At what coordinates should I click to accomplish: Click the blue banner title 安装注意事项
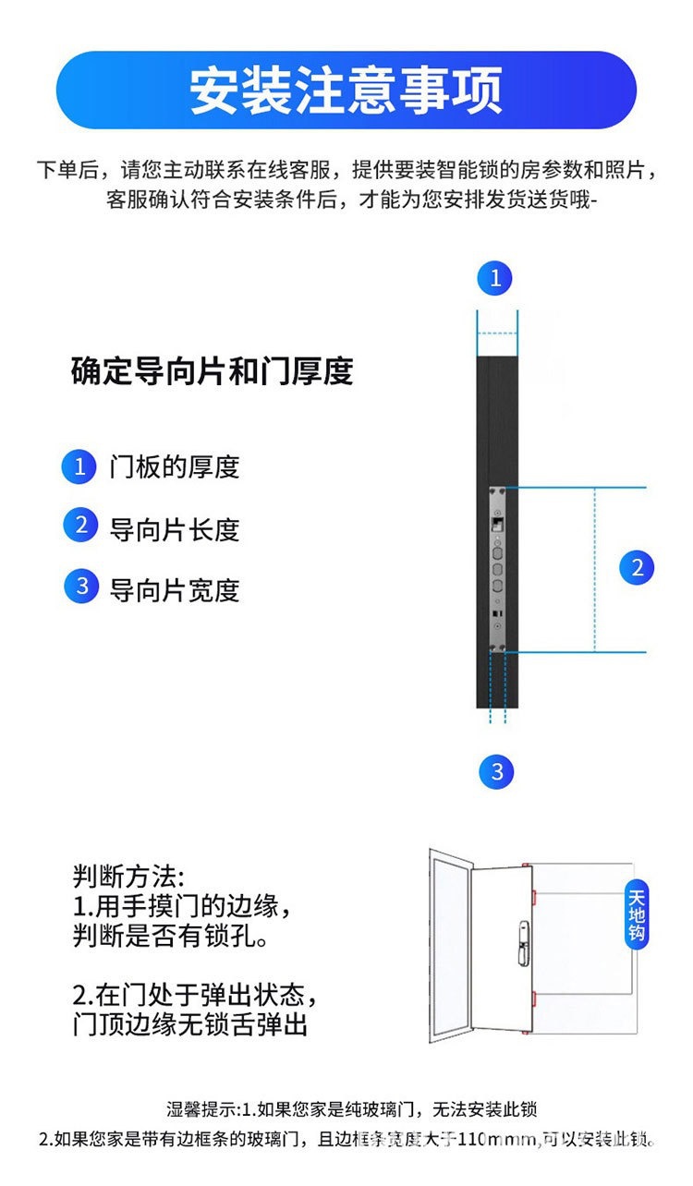click(346, 90)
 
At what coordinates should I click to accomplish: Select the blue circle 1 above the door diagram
click(495, 278)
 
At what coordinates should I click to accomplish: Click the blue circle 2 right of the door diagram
click(637, 567)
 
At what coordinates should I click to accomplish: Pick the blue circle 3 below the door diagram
click(497, 771)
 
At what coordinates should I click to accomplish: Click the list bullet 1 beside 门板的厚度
click(80, 466)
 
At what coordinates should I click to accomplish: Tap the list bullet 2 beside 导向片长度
click(80, 526)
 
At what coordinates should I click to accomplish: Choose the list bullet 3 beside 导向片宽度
click(80, 587)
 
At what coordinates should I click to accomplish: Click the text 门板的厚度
click(174, 467)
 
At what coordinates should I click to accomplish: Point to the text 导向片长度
click(174, 529)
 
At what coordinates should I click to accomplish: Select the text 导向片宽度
click(174, 589)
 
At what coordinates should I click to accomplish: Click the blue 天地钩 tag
click(637, 914)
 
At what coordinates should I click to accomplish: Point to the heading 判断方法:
click(128, 876)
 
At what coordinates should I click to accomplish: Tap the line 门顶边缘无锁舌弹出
click(189, 1024)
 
